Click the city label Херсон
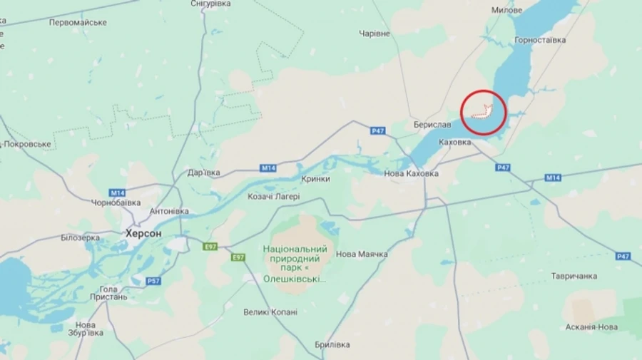point(143,233)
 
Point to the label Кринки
point(315,179)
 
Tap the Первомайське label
point(78,22)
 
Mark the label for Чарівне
point(374,34)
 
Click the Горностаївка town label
point(540,41)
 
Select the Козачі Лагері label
point(274,197)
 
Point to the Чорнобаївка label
point(116,202)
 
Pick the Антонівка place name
point(169,212)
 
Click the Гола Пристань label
point(108,294)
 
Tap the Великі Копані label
point(270,312)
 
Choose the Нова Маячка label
point(362,254)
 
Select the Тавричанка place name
point(574,276)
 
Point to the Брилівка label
point(332,345)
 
